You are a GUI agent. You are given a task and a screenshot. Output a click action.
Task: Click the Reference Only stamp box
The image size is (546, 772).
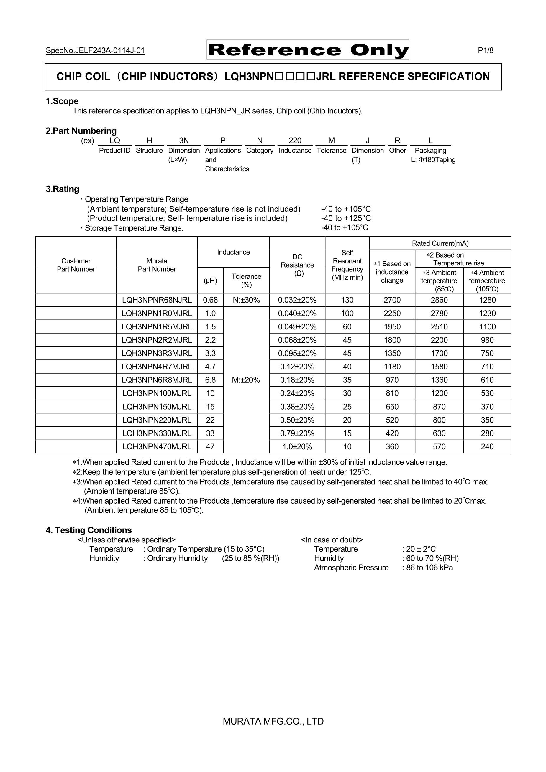[x=308, y=50]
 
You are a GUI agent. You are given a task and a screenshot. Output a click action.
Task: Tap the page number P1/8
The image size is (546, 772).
[x=486, y=50]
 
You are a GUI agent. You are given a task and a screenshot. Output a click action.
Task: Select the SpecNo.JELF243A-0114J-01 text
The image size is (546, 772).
[x=95, y=51]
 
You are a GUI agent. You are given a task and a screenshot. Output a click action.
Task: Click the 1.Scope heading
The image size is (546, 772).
[x=62, y=101]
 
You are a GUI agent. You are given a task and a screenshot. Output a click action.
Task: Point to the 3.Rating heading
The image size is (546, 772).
[x=62, y=189]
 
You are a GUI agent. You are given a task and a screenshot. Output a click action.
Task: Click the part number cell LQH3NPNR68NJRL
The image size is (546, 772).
[x=157, y=300]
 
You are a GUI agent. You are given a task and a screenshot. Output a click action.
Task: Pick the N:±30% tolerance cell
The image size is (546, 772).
[x=246, y=300]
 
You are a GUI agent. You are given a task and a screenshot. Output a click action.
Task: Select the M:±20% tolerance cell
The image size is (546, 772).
[x=246, y=380]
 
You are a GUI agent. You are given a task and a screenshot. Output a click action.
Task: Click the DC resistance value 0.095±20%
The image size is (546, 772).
[x=297, y=353]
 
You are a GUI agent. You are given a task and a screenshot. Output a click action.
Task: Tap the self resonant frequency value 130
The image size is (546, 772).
[x=347, y=300]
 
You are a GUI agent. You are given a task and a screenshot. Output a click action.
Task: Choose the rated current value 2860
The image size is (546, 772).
[x=439, y=300]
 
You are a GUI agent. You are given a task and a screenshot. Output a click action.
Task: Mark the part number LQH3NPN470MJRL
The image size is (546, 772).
[x=157, y=446]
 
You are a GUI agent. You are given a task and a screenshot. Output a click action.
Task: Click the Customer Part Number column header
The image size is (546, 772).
[x=76, y=265]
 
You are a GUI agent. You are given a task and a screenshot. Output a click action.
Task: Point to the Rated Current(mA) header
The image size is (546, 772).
[x=440, y=243]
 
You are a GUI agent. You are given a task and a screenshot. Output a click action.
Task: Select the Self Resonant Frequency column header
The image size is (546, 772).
[x=347, y=265]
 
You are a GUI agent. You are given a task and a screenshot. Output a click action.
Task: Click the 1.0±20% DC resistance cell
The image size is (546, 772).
[x=297, y=446]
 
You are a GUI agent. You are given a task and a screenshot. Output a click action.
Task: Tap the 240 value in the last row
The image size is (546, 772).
[x=487, y=446]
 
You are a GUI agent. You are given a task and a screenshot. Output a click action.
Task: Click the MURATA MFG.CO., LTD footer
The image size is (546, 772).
[x=273, y=721]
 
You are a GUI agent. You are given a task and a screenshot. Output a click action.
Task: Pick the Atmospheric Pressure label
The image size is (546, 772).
[x=351, y=568]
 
